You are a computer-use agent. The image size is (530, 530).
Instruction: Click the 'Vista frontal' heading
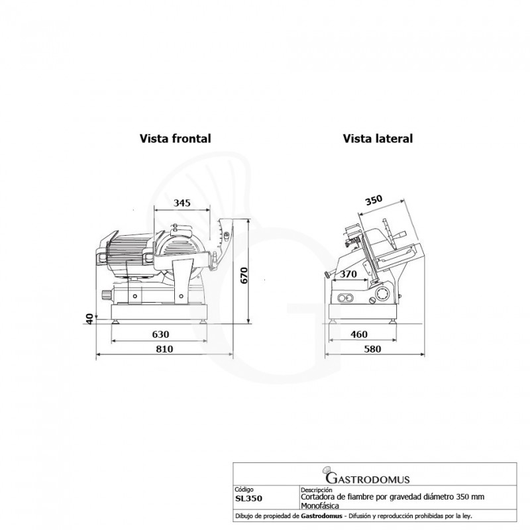pos(176,138)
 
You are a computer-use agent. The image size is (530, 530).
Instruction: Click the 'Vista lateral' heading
pos(378,138)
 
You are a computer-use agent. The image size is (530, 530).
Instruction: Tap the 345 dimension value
pos(182,203)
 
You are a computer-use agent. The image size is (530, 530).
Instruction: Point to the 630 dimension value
pos(160,335)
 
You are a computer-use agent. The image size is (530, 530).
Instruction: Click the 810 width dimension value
pos(164,349)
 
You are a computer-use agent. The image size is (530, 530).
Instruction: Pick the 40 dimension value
pos(89,319)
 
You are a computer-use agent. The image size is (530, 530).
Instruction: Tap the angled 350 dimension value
pos(374,200)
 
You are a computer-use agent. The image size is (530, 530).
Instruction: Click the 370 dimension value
pos(348,274)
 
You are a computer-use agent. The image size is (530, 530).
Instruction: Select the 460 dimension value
pos(358,335)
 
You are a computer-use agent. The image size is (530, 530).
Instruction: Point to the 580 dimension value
pos(372,349)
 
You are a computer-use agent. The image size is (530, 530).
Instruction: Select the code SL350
pos(248,499)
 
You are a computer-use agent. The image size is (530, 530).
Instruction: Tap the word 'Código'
pos(244,490)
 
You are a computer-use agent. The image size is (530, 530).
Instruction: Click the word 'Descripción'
pos(317,490)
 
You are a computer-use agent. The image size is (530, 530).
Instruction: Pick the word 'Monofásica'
pos(320,505)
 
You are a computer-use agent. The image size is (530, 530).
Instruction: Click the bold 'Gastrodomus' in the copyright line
pos(321,516)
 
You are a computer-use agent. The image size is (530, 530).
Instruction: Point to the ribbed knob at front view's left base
pos(107,295)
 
